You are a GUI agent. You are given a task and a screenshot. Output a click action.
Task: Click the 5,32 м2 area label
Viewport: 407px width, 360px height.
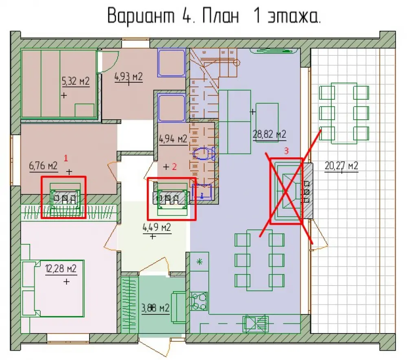pyautogui.click(x=76, y=81)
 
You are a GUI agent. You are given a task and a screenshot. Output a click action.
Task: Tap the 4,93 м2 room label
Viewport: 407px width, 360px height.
pyautogui.click(x=129, y=77)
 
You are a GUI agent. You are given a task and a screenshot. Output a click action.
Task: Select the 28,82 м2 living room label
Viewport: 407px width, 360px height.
pyautogui.click(x=269, y=134)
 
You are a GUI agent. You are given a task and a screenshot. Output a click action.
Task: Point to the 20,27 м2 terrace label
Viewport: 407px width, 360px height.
pyautogui.click(x=341, y=165)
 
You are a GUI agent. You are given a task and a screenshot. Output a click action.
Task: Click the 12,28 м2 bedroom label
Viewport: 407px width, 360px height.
pyautogui.click(x=61, y=268)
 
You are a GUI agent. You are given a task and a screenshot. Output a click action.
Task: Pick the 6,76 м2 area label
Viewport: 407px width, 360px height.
pyautogui.click(x=43, y=165)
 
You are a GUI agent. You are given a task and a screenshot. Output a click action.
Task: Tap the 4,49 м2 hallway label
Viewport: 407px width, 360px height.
pyautogui.click(x=157, y=228)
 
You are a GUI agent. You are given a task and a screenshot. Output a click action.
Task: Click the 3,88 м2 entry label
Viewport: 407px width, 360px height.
pyautogui.click(x=155, y=308)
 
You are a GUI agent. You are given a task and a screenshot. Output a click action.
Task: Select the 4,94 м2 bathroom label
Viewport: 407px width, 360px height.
pyautogui.click(x=173, y=139)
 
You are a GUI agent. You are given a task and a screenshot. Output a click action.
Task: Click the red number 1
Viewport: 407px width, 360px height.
pyautogui.click(x=66, y=158)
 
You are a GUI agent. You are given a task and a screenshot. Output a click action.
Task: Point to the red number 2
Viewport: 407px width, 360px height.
pyautogui.click(x=174, y=167)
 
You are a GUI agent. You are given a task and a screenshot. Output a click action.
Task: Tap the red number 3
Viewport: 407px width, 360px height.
pyautogui.click(x=286, y=151)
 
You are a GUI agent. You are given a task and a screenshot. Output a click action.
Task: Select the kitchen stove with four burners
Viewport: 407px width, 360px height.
pyautogui.click(x=199, y=301)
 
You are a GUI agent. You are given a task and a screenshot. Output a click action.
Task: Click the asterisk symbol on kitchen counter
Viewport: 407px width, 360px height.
pyautogui.click(x=199, y=262)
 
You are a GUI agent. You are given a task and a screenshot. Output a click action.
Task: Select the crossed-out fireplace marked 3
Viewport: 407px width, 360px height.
pyautogui.click(x=286, y=191)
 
